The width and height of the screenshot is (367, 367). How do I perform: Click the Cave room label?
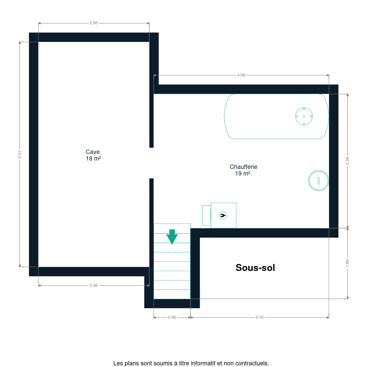coord(93,152)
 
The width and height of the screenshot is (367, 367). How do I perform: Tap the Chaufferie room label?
coord(243,167)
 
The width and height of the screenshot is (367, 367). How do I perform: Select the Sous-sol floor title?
coord(255,268)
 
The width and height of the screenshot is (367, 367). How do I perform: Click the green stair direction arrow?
coord(172,237)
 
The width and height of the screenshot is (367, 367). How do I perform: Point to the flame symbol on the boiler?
coord(223,215)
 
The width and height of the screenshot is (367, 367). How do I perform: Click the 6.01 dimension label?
coord(20,154)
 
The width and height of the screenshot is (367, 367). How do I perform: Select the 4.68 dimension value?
coord(241,75)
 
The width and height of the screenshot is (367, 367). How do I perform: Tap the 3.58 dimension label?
coord(347,161)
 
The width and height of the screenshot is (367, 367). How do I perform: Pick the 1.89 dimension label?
coord(347,263)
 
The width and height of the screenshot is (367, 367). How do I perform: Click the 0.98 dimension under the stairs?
coord(172,317)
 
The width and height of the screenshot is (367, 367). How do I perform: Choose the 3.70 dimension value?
coord(259,317)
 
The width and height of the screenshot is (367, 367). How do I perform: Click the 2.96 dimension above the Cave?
coord(94,23)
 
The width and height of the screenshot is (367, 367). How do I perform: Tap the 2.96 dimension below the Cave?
coord(94,286)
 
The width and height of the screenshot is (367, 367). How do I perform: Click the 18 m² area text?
coord(93,159)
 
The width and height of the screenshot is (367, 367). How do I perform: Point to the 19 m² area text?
coord(243,174)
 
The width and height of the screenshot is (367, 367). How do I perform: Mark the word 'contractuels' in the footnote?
coord(252,363)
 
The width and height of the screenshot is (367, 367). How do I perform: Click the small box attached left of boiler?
coord(206,215)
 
